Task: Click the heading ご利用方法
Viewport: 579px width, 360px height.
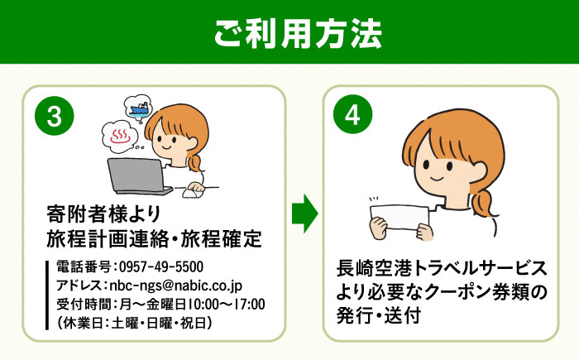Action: pos(289,35)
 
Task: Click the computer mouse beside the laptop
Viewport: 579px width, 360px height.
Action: pos(191,192)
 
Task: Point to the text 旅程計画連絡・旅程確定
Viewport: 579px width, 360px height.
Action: pos(155,239)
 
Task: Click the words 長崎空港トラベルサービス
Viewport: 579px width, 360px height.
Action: pos(442,270)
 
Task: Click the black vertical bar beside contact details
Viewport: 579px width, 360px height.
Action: pos(48,295)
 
